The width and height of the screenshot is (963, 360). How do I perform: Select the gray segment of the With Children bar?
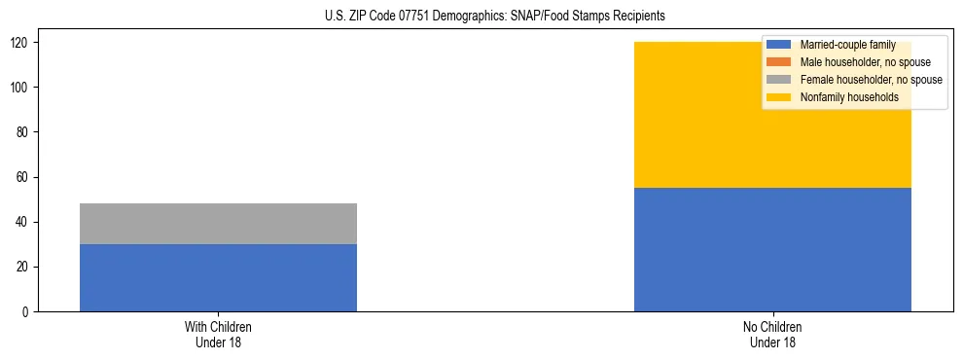[218, 224]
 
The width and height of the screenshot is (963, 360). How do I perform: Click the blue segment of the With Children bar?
[218, 277]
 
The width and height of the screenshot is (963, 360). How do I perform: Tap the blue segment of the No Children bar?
[772, 250]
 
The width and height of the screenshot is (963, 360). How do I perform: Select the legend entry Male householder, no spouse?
[865, 62]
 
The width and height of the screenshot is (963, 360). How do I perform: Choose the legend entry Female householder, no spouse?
[871, 80]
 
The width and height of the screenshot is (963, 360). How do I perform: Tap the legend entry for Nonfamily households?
[848, 97]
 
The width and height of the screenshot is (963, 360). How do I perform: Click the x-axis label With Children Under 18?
[218, 334]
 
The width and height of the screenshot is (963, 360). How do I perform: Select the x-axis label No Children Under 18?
[772, 334]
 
